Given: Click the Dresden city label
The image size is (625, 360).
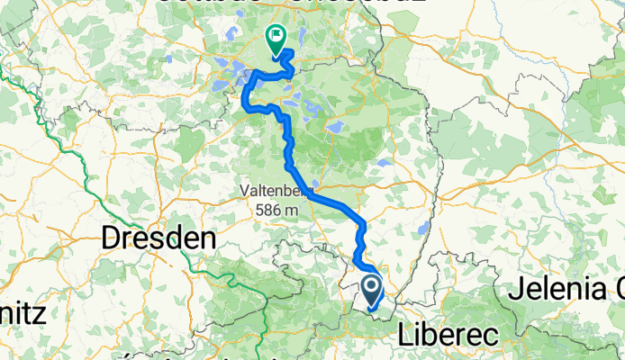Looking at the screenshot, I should click(x=159, y=238).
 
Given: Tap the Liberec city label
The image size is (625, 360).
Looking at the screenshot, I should click(x=448, y=334).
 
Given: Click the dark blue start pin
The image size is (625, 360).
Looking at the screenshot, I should click(x=371, y=290).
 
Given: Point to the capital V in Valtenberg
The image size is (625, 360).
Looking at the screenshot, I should click(x=244, y=192).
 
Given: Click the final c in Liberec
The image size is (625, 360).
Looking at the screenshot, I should click(x=494, y=334).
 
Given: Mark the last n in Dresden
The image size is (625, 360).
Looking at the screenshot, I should click(x=210, y=238).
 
